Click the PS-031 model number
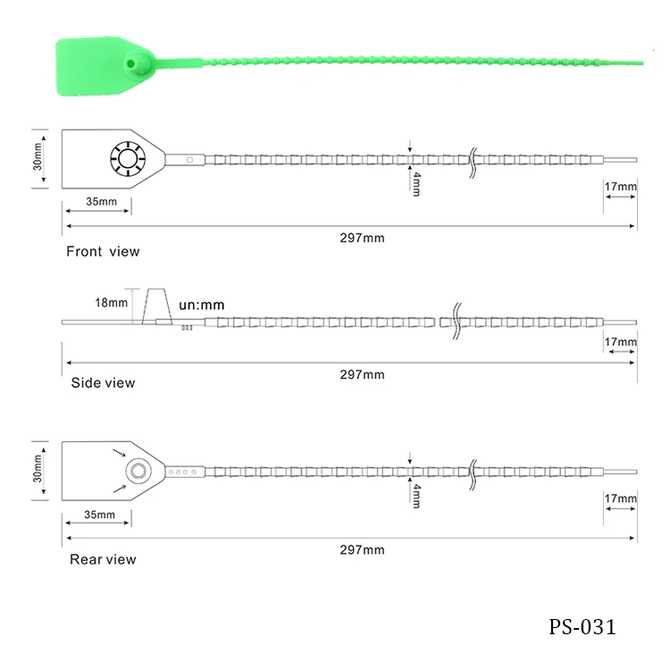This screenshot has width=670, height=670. coord(582,627)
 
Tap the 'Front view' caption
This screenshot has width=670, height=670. coord(103,251)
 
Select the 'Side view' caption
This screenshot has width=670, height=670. coord(103,383)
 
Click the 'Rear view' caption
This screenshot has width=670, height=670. coord(103,559)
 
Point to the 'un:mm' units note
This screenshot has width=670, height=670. coord(202,305)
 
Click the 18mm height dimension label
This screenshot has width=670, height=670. coord(111,303)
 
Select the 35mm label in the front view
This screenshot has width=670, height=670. coord(101,201)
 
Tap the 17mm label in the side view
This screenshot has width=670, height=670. coord(621,342)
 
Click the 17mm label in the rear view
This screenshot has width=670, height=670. coord(621,498)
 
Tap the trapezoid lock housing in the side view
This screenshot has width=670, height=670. coord(157,306)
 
